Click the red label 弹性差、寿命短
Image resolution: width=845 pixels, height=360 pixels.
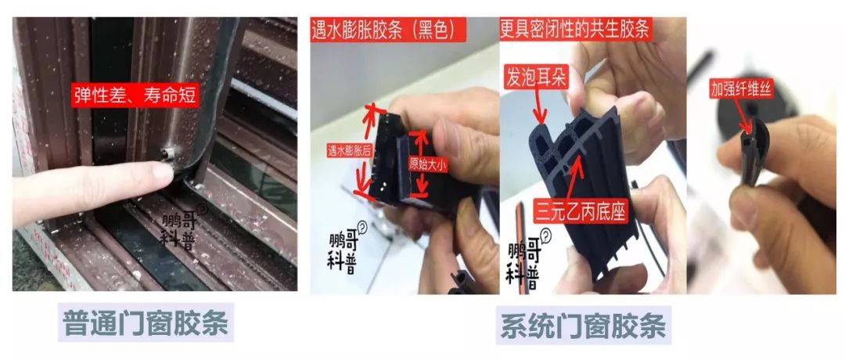134,95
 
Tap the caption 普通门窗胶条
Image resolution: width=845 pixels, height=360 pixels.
147,325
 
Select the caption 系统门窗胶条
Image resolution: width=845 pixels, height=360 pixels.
583,327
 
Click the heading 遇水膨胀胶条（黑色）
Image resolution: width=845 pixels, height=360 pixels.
390,31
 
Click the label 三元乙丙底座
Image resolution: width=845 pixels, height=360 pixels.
580,211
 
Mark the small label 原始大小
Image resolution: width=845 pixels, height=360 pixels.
429,166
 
